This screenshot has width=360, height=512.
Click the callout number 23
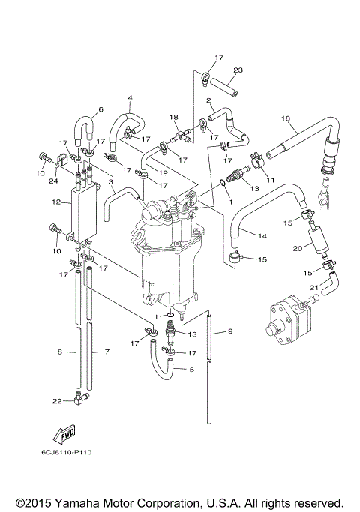pos(238,70)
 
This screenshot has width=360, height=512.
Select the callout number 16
pos(286,118)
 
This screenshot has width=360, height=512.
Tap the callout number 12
pos(56,202)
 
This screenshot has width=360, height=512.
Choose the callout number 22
pos(57,401)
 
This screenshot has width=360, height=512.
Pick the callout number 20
pos(297,248)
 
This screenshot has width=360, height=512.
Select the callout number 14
pos(262,235)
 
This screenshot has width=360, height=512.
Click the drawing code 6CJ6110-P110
pos(67,452)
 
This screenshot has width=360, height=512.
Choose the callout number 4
pos(130,97)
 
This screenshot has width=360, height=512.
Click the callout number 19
pos(163,172)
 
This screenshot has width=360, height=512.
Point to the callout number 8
pos(59,351)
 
